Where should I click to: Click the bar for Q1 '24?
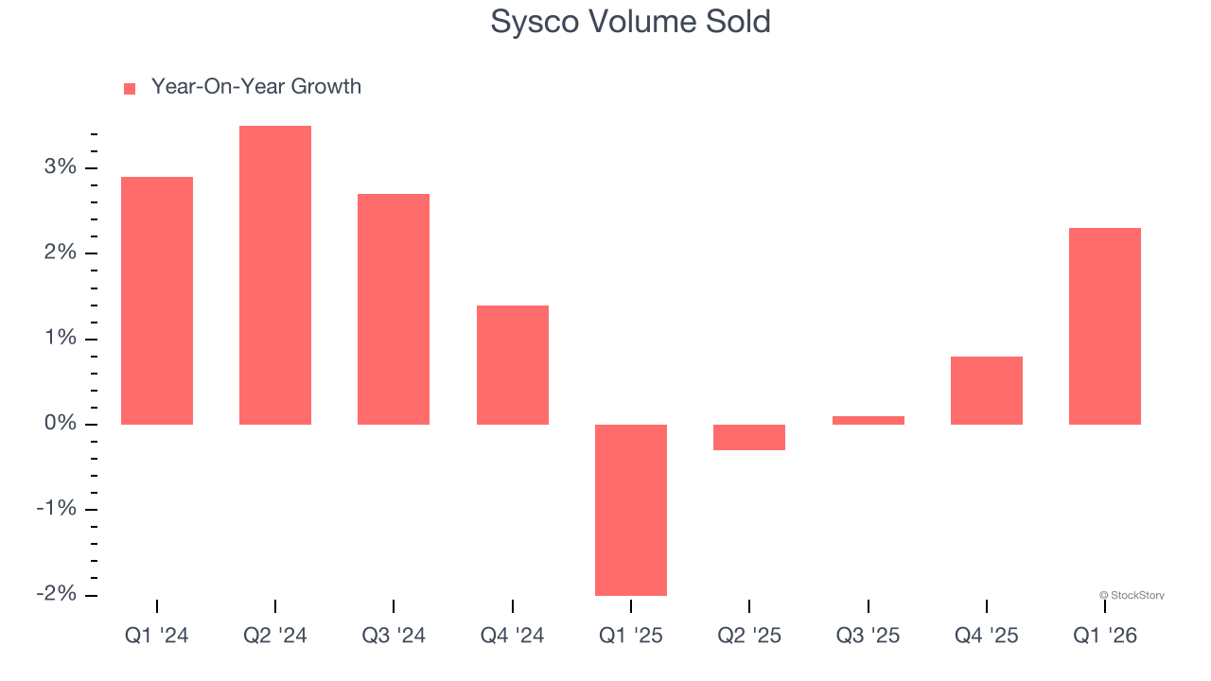pos(157,301)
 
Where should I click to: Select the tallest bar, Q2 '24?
pos(275,275)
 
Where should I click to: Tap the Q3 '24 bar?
pos(394,309)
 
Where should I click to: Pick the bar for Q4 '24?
pos(513,365)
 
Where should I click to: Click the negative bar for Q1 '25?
pos(631,510)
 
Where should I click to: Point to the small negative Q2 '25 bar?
pos(749,437)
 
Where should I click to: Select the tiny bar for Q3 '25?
pos(869,420)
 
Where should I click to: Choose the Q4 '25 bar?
pos(987,391)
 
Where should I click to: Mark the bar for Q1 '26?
pos(1105,326)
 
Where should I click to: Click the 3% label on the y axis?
pos(59,167)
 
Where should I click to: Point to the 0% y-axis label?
pos(59,424)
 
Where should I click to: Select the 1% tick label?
pos(59,339)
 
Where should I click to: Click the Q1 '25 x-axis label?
pos(631,636)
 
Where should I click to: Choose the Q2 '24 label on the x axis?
pos(275,636)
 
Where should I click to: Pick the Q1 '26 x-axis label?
pos(1105,636)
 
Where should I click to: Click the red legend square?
pos(130,88)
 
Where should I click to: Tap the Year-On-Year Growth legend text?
pos(256,87)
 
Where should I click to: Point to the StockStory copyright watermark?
pos(1132,595)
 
